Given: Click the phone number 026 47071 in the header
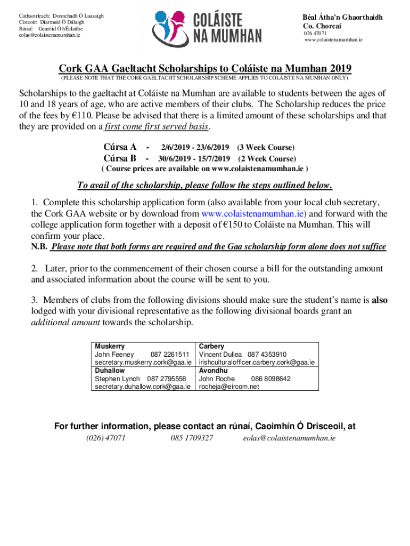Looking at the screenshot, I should pos(315,34).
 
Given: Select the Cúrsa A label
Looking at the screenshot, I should pos(120,147).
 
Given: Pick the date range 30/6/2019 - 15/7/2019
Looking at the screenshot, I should pos(194,158).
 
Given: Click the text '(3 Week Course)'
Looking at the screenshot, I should pos(266,147).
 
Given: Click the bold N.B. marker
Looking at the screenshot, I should pos(39,247).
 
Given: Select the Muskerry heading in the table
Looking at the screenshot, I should pos(109,347).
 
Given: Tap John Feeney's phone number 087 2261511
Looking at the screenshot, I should pos(170,355).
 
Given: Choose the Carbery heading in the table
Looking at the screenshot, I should pos(211,347).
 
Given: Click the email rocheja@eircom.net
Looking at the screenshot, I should pos(229,387).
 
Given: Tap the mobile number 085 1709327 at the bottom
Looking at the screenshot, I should pos(192,438).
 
